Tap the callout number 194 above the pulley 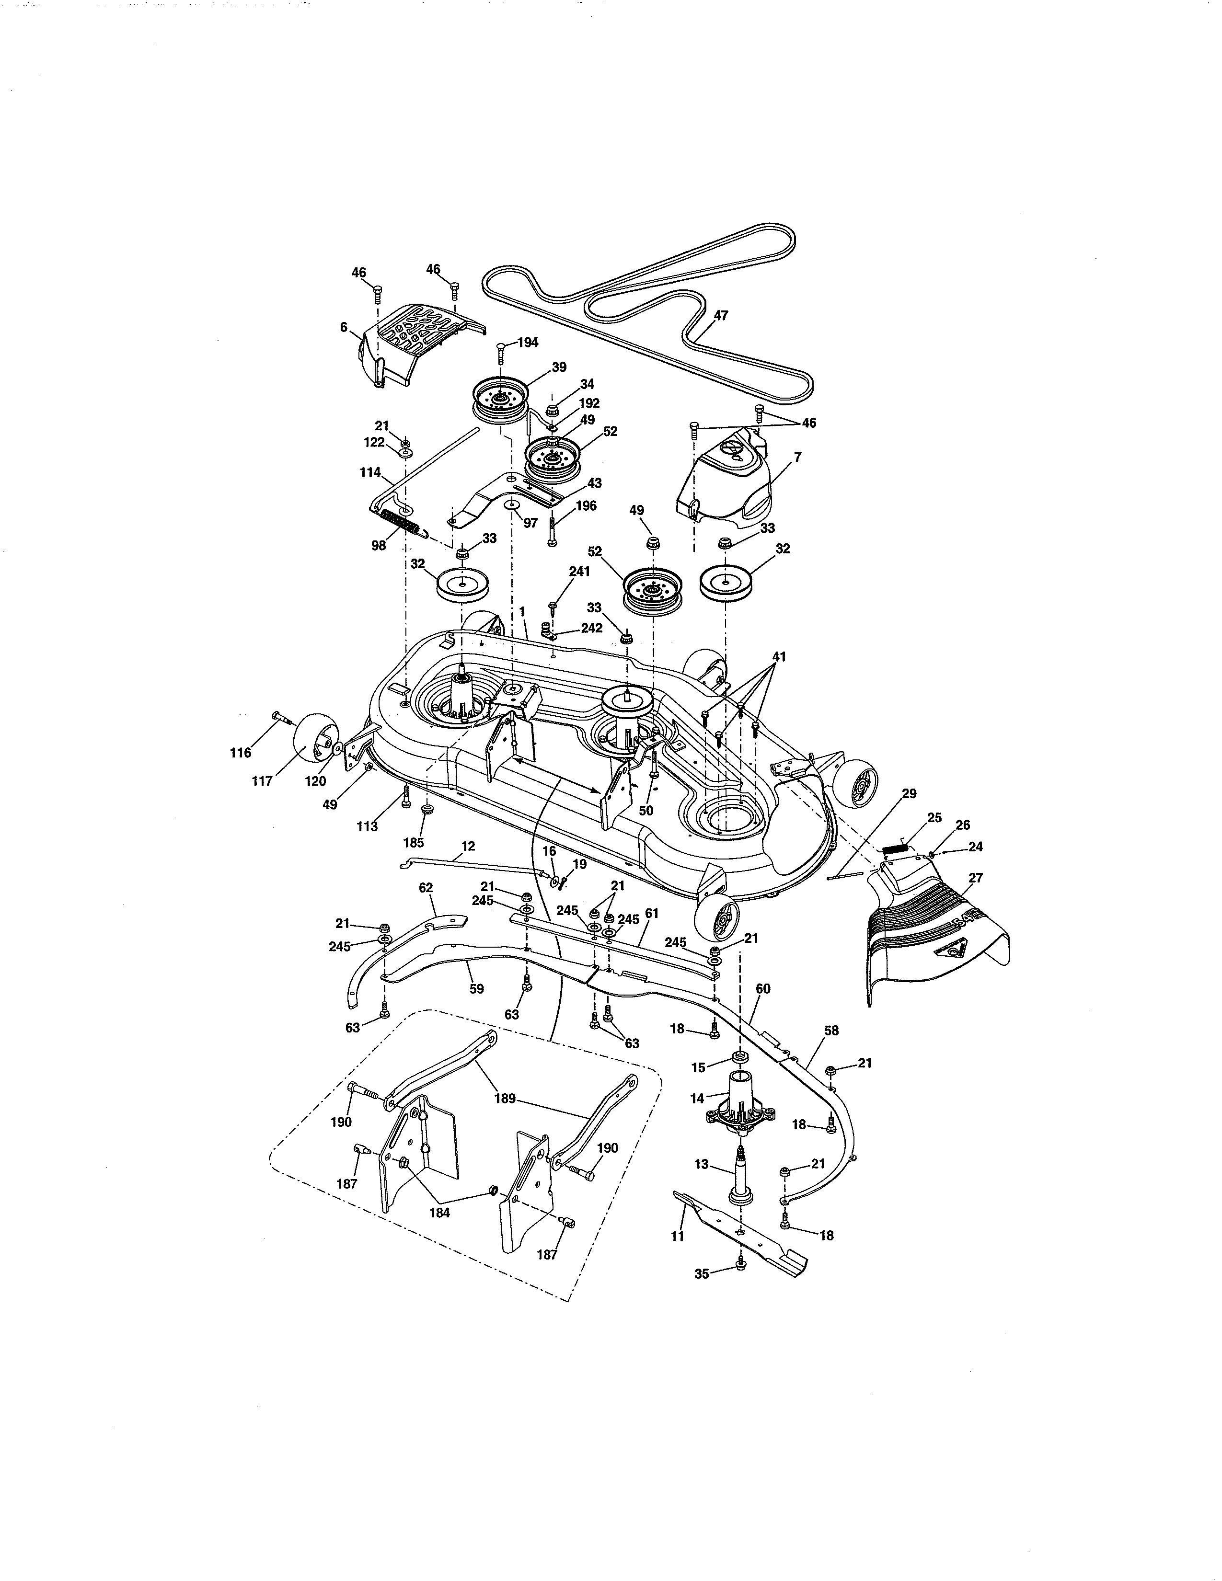click(528, 343)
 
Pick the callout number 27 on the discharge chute click(975, 878)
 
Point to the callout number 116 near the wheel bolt click(241, 753)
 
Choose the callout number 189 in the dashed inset click(505, 1099)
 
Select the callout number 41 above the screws click(779, 657)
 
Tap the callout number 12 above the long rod click(468, 846)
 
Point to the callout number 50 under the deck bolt click(646, 811)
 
